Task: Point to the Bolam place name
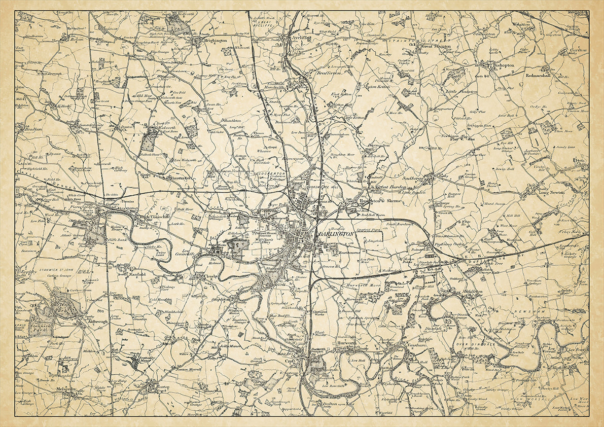[77, 39]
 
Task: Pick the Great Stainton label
[436, 46]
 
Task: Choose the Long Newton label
[551, 193]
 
